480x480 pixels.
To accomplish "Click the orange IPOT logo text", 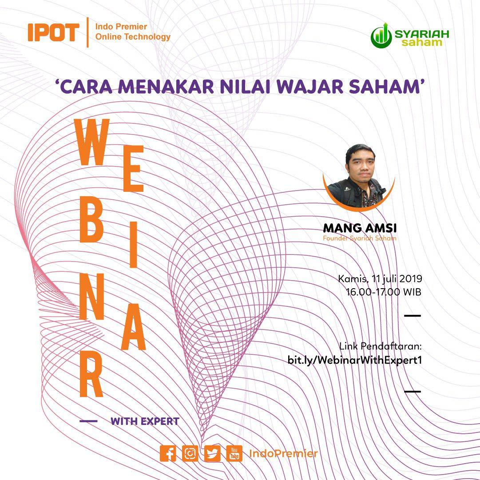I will click(x=53, y=32).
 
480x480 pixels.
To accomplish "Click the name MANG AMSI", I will click(x=360, y=228).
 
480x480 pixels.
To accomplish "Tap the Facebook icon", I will click(x=168, y=454).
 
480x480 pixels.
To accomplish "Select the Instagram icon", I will click(x=190, y=454).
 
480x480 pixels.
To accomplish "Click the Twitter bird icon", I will click(x=212, y=454).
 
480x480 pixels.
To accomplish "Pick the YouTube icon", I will click(x=234, y=454).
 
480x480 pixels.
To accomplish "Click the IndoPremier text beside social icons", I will click(x=283, y=454).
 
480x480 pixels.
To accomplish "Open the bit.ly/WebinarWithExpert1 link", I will click(x=354, y=360).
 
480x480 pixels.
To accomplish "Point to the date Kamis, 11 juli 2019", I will click(x=380, y=279).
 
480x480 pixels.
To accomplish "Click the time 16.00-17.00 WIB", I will click(x=384, y=292).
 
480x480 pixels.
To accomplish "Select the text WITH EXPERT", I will click(x=145, y=421).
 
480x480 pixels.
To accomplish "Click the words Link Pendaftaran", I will click(x=380, y=346).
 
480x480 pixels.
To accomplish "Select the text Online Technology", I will click(x=133, y=37).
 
